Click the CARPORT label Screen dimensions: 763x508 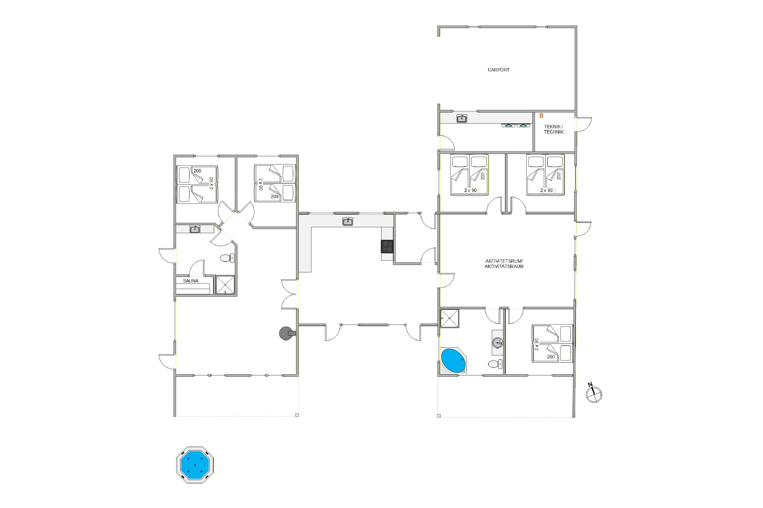point(498,70)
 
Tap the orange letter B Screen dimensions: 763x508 point(541,116)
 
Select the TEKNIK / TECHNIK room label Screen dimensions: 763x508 point(554,129)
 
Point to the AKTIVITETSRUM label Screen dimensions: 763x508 point(504,261)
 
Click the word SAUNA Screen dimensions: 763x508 point(190,281)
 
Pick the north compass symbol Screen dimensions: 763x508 point(594,394)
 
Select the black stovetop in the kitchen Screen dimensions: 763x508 point(387,246)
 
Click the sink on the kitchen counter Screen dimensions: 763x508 point(348,221)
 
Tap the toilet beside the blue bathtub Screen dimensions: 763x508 point(495,364)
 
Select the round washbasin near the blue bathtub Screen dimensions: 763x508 point(498,342)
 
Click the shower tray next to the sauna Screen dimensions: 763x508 point(225,285)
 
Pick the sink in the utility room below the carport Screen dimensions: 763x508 point(462,119)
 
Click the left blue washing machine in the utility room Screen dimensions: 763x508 point(509,125)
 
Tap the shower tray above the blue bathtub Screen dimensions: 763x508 point(450,319)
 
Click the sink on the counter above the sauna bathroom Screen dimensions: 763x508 point(195,229)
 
